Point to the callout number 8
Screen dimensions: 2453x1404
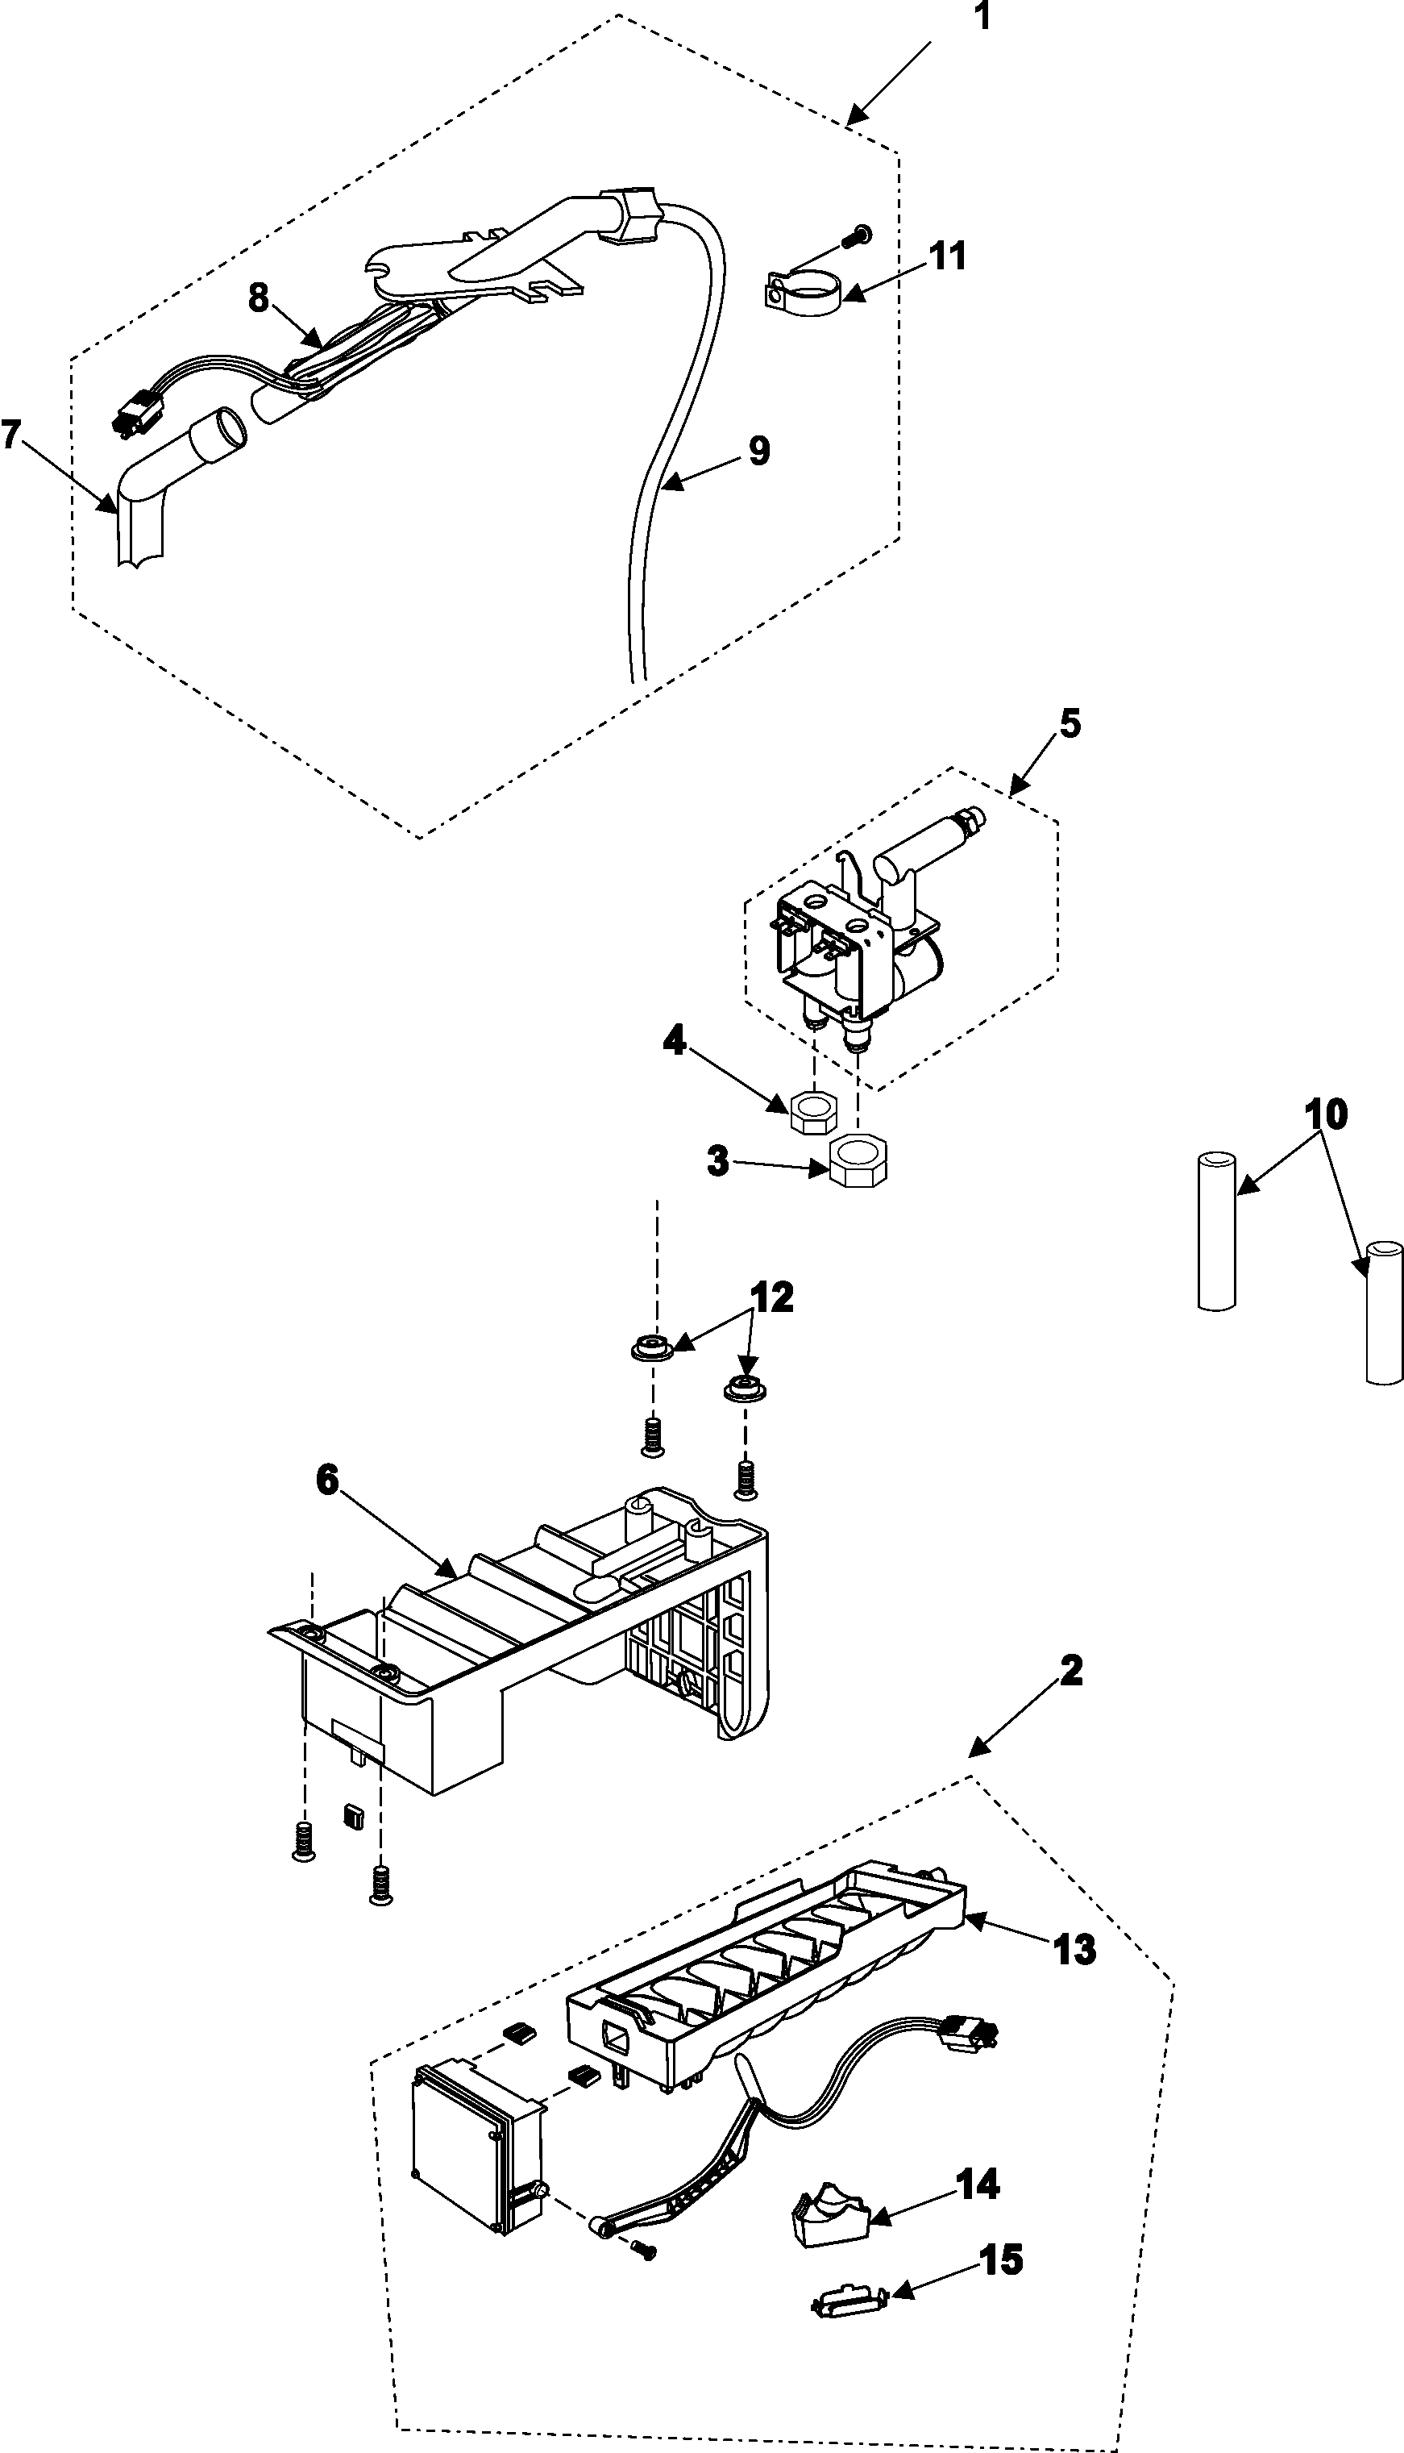pos(259,298)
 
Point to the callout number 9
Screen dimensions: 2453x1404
pos(759,451)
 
